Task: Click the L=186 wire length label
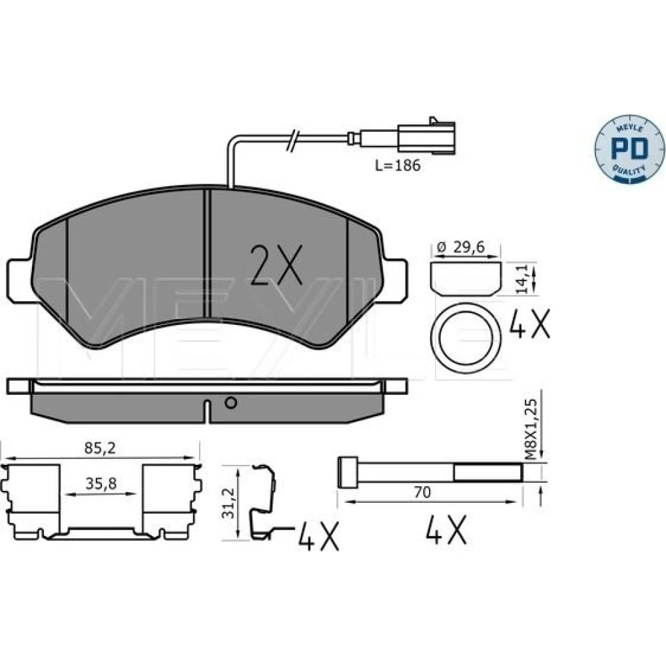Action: point(398,165)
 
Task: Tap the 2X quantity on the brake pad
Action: point(276,264)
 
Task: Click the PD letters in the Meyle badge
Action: point(629,149)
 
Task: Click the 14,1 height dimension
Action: point(521,278)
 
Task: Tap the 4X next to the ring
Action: point(529,324)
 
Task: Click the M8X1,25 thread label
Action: point(531,429)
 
